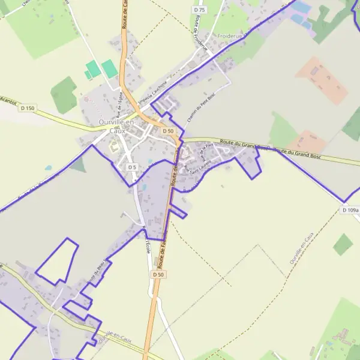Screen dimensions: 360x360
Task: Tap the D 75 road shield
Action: pos(200,10)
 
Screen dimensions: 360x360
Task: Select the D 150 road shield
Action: pos(27,108)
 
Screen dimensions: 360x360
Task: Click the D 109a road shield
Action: pos(351,210)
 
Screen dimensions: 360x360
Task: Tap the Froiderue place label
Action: pos(233,36)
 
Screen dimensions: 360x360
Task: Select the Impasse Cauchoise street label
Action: pos(151,94)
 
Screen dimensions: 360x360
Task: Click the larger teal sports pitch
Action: pos(109,68)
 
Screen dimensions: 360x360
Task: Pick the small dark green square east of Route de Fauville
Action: pos(343,244)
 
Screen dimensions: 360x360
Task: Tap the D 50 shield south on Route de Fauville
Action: pos(158,274)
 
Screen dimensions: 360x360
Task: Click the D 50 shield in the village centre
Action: pos(168,131)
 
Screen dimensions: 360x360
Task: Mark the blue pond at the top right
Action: pos(301,7)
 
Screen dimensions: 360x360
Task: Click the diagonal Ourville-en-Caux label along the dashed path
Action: pos(301,249)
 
